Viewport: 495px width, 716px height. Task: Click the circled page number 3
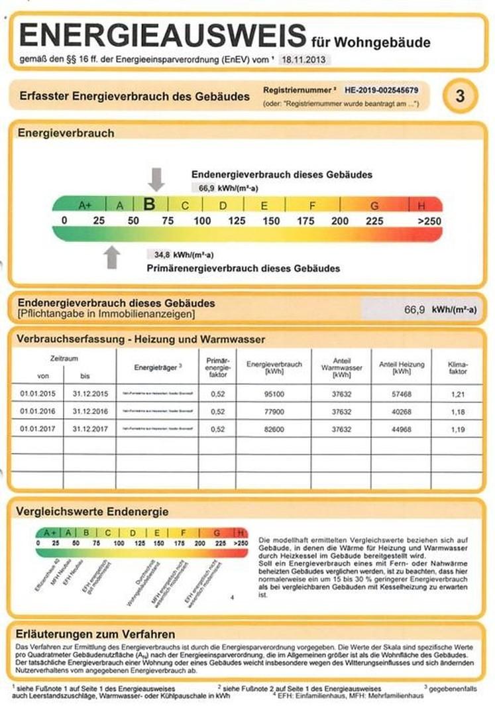click(459, 96)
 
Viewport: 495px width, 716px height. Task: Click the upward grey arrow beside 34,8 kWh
click(113, 257)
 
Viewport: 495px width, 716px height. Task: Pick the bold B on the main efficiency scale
click(149, 204)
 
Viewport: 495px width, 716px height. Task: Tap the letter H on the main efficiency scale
click(421, 205)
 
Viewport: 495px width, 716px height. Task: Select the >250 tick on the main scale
click(429, 221)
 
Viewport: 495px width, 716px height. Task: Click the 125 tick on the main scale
click(237, 221)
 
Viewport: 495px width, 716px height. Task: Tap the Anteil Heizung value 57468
click(395, 394)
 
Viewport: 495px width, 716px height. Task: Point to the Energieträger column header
click(158, 366)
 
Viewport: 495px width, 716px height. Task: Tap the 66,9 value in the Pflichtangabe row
click(413, 309)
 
